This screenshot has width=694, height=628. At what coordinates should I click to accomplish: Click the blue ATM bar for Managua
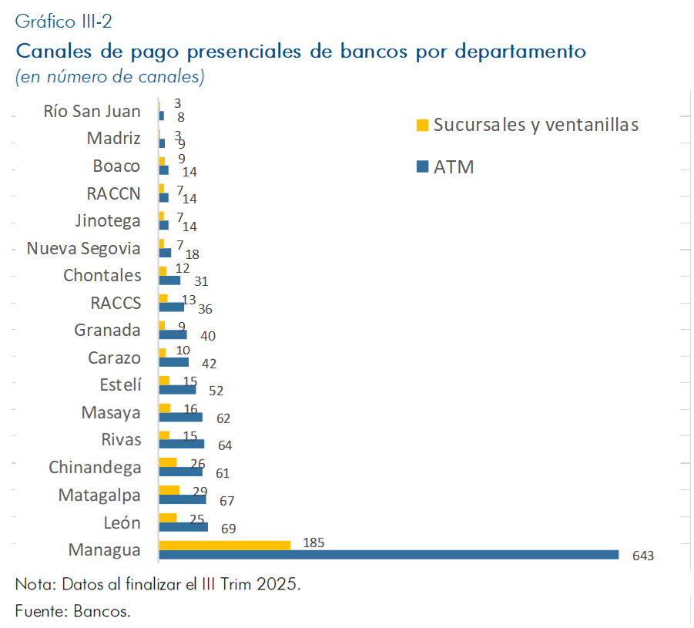click(x=388, y=555)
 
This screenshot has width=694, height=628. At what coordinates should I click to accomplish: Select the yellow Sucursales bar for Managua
click(x=224, y=545)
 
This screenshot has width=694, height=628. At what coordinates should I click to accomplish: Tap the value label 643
click(x=642, y=556)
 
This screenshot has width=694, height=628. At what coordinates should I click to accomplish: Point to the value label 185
click(x=313, y=542)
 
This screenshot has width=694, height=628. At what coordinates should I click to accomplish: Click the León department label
click(x=122, y=523)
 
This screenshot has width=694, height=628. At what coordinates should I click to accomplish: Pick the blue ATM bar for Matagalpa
click(x=182, y=499)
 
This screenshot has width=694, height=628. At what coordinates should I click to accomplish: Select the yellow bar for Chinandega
click(x=167, y=462)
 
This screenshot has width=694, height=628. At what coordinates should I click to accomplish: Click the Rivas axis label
click(x=121, y=440)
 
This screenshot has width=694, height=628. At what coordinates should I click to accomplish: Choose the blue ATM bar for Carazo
click(x=173, y=362)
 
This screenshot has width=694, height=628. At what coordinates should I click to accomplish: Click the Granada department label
click(x=107, y=331)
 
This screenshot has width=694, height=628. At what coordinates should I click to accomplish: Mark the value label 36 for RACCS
click(x=204, y=309)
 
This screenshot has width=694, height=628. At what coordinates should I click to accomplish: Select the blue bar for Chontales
click(x=169, y=280)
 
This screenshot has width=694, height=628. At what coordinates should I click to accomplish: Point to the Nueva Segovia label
click(x=83, y=248)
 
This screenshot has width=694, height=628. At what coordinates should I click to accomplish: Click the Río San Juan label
click(x=92, y=111)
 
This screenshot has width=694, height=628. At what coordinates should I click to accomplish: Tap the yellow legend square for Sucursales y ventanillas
click(x=421, y=125)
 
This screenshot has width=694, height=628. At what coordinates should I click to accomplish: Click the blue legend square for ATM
click(x=421, y=166)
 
